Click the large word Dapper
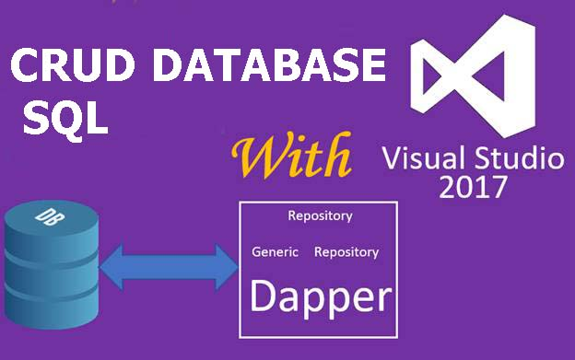pyautogui.click(x=319, y=297)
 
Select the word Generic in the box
pyautogui.click(x=274, y=251)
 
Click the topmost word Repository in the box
pyautogui.click(x=320, y=217)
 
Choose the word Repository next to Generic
pyautogui.click(x=346, y=251)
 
